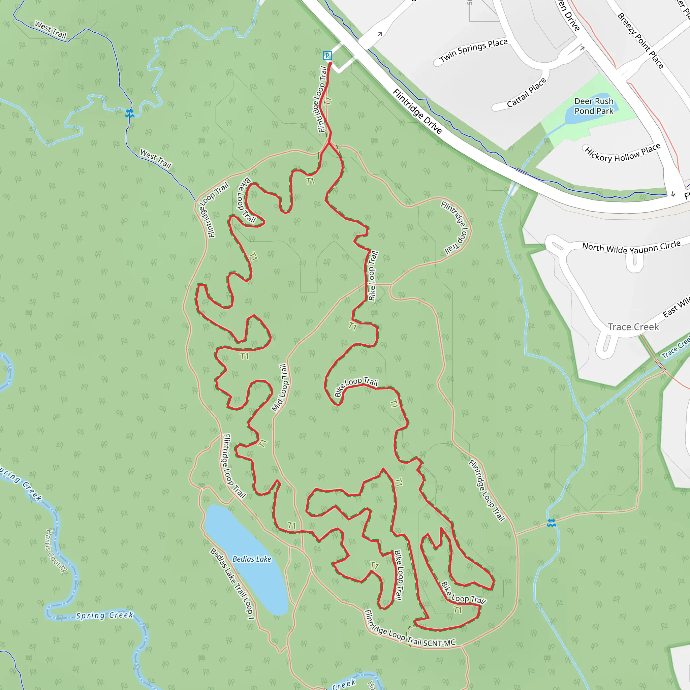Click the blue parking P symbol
[327, 56]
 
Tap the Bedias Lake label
[252, 559]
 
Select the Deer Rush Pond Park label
[594, 106]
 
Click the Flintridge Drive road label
[417, 111]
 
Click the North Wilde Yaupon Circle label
[631, 247]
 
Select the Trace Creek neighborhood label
[633, 327]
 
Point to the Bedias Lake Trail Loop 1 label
[232, 584]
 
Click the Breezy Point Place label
[640, 41]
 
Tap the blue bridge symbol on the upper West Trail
[130, 114]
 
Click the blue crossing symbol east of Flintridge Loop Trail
[552, 523]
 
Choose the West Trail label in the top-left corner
[50, 30]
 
